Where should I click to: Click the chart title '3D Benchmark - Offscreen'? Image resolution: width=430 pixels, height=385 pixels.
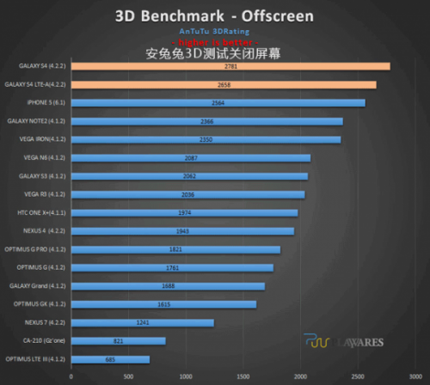[214, 15]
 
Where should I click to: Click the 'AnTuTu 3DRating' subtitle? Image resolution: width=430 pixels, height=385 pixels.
[214, 30]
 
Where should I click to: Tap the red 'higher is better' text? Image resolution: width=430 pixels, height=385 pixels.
[214, 41]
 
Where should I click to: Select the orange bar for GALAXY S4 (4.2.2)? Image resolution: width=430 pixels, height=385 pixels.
[230, 66]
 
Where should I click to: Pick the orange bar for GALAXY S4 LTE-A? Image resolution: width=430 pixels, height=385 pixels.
[223, 84]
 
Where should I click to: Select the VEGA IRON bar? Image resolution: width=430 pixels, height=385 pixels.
[206, 139]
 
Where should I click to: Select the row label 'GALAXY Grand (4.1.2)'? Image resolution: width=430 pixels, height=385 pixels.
[39, 285]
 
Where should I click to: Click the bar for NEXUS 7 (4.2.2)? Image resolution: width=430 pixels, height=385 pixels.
[142, 322]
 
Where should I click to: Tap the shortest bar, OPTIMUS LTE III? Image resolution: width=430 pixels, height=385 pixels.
[110, 359]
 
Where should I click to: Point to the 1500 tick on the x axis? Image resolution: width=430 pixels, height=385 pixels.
[243, 376]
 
